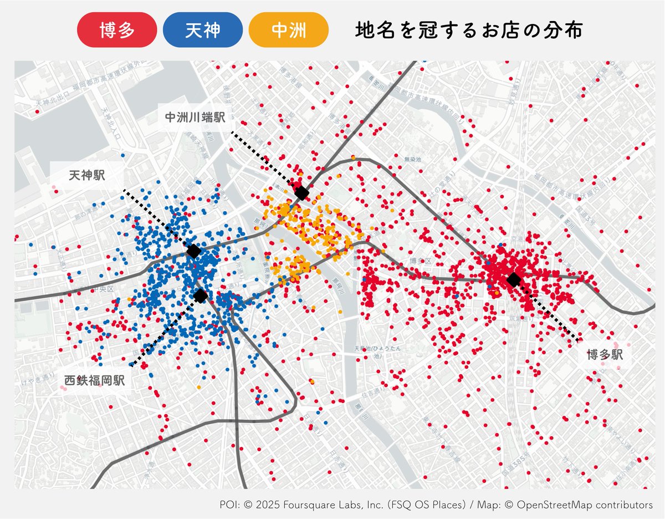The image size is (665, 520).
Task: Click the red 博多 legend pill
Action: pos(117,30)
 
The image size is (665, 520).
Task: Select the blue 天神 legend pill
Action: pos(203,30)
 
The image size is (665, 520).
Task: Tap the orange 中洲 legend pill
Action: pos(289,30)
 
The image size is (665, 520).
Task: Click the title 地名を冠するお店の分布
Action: pos(468,30)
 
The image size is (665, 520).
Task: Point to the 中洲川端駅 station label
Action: pos(195,118)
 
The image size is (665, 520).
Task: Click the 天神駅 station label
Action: pos(87,176)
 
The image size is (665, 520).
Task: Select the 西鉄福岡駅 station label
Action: pos(94,381)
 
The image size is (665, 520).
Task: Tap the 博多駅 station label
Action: pos(606,355)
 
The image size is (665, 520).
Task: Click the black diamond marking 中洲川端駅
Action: pos(301,193)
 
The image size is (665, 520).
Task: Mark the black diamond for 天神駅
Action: pos(193,251)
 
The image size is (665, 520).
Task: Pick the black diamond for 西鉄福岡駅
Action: pos(201,296)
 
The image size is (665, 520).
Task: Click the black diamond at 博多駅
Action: pos(514,279)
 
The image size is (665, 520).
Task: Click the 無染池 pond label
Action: pos(413,160)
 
